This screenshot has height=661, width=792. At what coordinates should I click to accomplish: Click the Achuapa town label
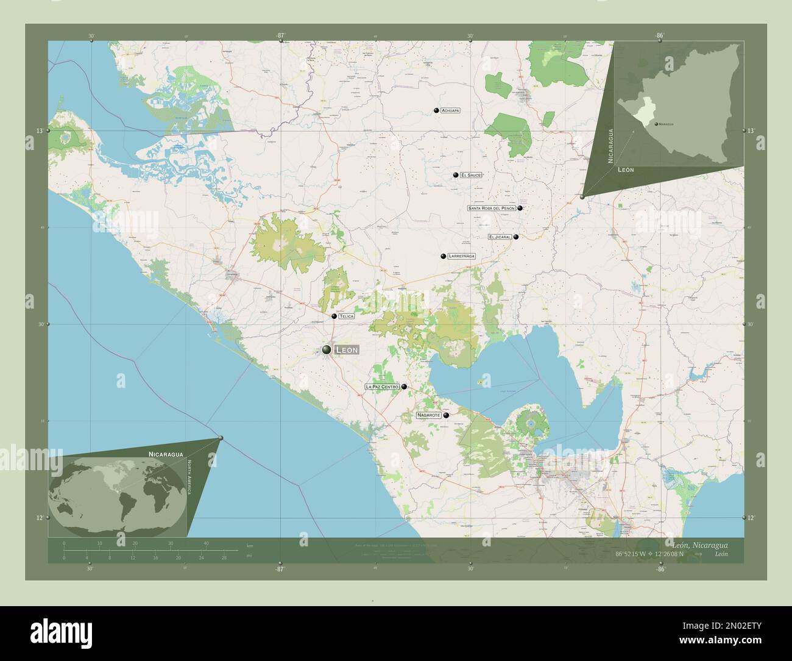pyautogui.click(x=450, y=110)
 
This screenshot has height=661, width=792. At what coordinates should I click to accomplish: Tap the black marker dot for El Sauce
pyautogui.click(x=455, y=175)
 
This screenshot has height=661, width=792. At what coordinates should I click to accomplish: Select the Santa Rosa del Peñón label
pyautogui.click(x=492, y=208)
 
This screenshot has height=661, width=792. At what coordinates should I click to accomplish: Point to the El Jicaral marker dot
pyautogui.click(x=516, y=237)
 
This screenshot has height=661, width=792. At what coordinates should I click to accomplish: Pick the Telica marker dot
pyautogui.click(x=334, y=316)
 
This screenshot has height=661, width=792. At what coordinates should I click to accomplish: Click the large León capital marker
pyautogui.click(x=327, y=349)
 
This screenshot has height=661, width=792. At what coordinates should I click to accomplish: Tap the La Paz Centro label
pyautogui.click(x=382, y=387)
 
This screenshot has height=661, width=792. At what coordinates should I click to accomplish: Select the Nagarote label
pyautogui.click(x=428, y=415)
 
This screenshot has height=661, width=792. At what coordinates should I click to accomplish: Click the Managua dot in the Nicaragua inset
pyautogui.click(x=656, y=124)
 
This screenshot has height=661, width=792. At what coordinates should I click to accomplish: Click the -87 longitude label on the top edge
pyautogui.click(x=280, y=36)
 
